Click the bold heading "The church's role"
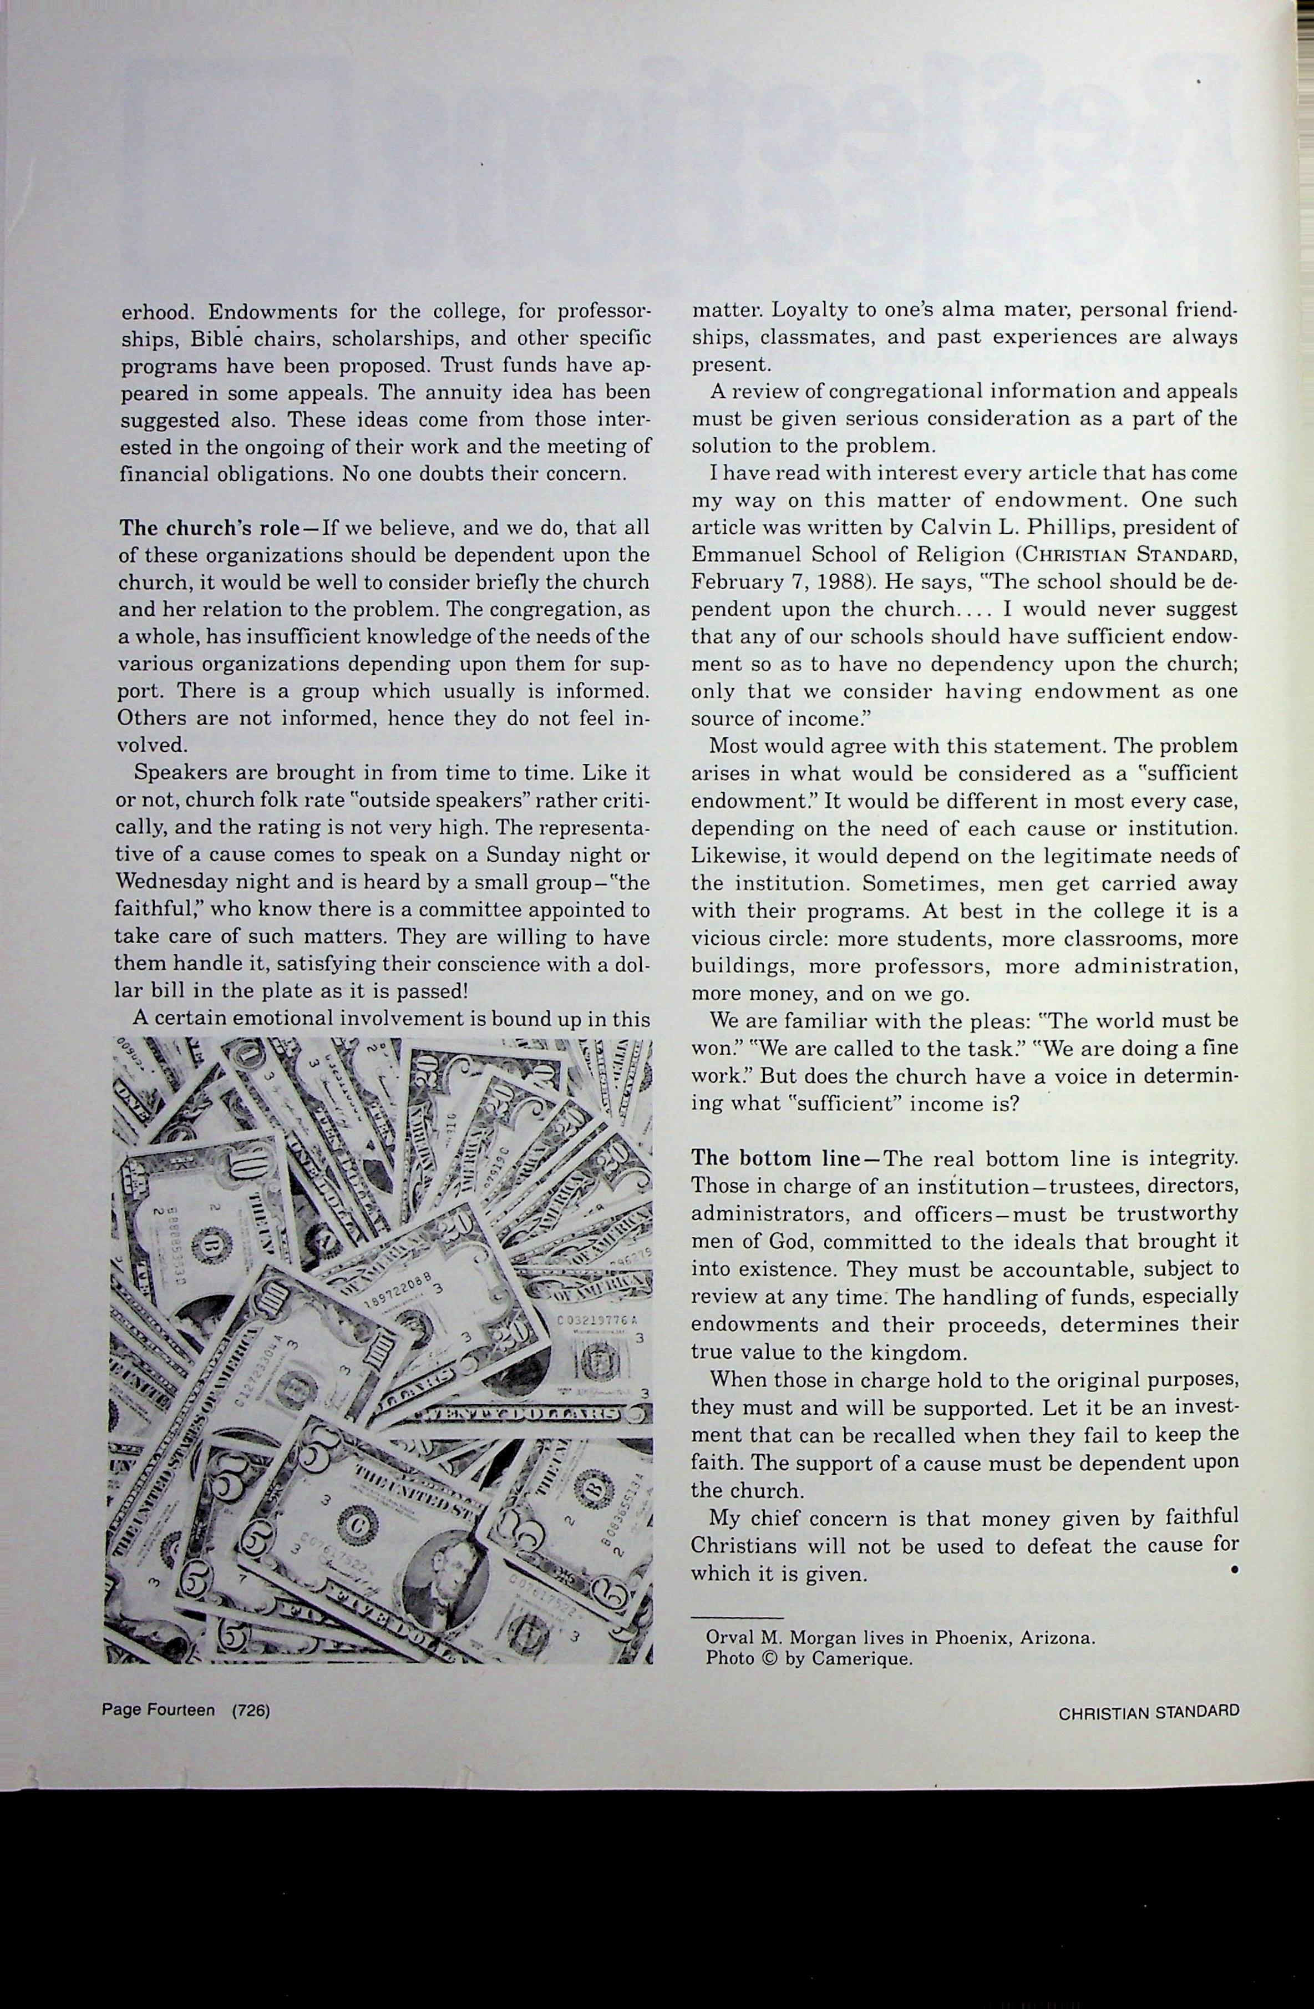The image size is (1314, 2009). (209, 528)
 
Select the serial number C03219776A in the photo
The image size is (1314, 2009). (596, 1319)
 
